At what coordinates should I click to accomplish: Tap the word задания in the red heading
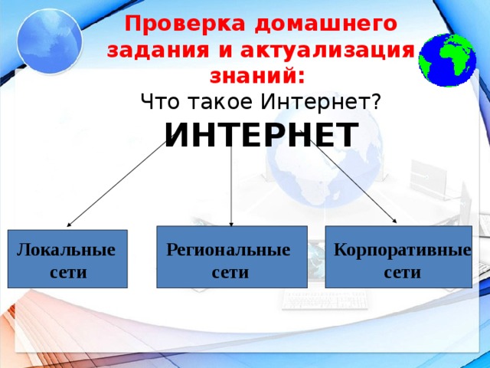pos(154,50)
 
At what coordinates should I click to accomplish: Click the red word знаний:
pos(256,76)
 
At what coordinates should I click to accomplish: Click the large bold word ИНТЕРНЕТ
pos(260,136)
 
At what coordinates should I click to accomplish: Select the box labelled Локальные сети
pos(67,259)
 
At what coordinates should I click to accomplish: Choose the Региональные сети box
pos(231,257)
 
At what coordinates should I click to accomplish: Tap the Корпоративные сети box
pos(398,257)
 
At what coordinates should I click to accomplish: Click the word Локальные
pos(66,250)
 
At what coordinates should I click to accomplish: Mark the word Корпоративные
pos(402,250)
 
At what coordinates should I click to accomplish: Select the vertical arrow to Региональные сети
pos(231,188)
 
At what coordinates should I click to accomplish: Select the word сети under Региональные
pos(230,272)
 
